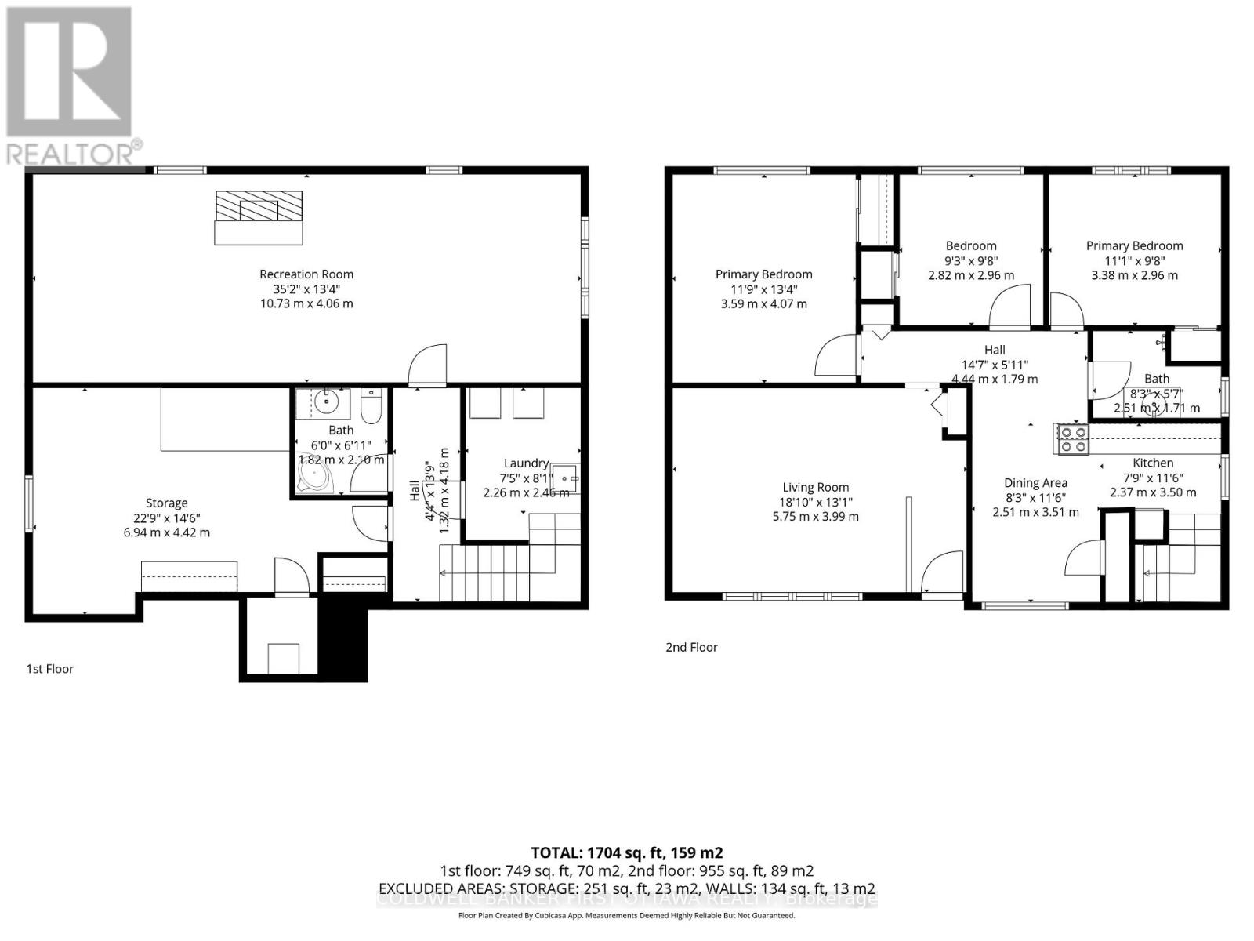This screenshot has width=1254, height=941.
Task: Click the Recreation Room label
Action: [x=306, y=274]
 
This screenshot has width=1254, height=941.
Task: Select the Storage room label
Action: [x=166, y=503]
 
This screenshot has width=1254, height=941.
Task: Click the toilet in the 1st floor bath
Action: [x=371, y=405]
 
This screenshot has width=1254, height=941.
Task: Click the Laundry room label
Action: [x=525, y=463]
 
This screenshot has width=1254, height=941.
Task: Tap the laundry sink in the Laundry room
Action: [x=566, y=477]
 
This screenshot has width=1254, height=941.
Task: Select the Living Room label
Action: [x=815, y=487]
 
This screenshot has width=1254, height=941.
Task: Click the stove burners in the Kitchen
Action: [x=1072, y=439]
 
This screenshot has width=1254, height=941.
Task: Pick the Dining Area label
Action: [x=1035, y=483]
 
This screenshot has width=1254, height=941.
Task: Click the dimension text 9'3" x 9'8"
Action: [x=971, y=260]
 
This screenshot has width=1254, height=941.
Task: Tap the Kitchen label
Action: [x=1152, y=463]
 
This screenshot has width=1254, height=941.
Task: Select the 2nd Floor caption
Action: [x=691, y=647]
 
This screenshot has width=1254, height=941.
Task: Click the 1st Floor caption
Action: [x=50, y=669]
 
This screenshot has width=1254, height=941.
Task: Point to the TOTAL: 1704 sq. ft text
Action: [x=626, y=852]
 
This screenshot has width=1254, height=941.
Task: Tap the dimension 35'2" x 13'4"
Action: [x=306, y=289]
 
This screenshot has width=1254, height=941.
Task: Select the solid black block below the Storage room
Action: [x=343, y=639]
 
